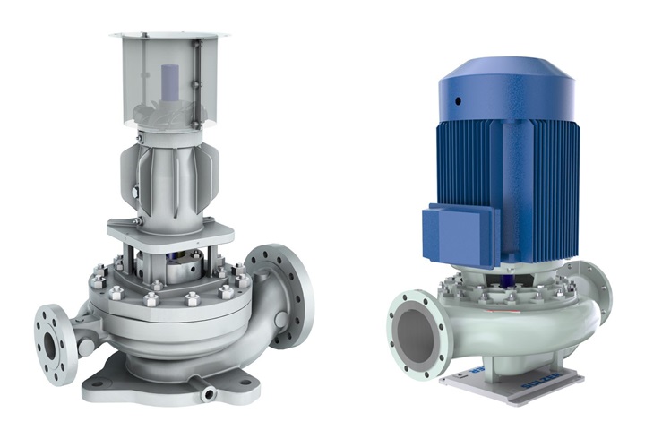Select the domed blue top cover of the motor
(x=506, y=76)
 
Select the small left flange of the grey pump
(x=51, y=331)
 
